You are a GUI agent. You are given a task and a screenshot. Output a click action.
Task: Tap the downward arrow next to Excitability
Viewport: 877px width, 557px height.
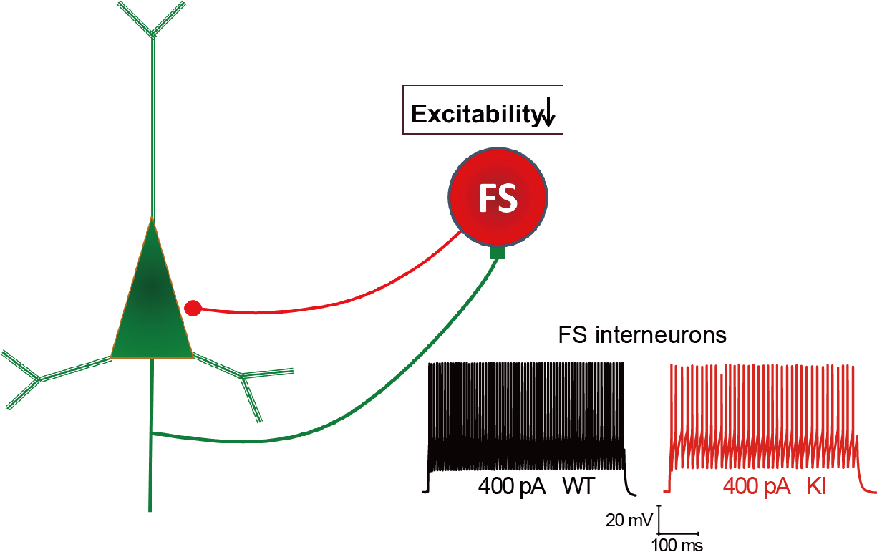pyautogui.click(x=548, y=114)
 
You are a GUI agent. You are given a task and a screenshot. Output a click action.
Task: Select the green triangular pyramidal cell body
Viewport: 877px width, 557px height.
pyautogui.click(x=152, y=301)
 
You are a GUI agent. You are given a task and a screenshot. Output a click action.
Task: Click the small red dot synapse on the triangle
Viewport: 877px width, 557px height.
pyautogui.click(x=193, y=309)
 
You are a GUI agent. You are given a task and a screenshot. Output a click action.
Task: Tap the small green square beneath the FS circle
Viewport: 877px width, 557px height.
pyautogui.click(x=498, y=252)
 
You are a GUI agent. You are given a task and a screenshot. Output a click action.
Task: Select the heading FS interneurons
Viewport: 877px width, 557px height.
pyautogui.click(x=642, y=335)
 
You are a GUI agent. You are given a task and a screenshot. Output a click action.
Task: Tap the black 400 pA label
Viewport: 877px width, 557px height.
pyautogui.click(x=513, y=487)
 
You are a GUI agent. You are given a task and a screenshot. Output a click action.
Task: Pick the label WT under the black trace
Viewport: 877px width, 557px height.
pyautogui.click(x=581, y=487)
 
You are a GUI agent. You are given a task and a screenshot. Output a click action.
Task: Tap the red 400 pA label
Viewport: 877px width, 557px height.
pyautogui.click(x=756, y=487)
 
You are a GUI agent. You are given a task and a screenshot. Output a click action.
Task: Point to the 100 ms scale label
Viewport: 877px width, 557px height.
pyautogui.click(x=677, y=546)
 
